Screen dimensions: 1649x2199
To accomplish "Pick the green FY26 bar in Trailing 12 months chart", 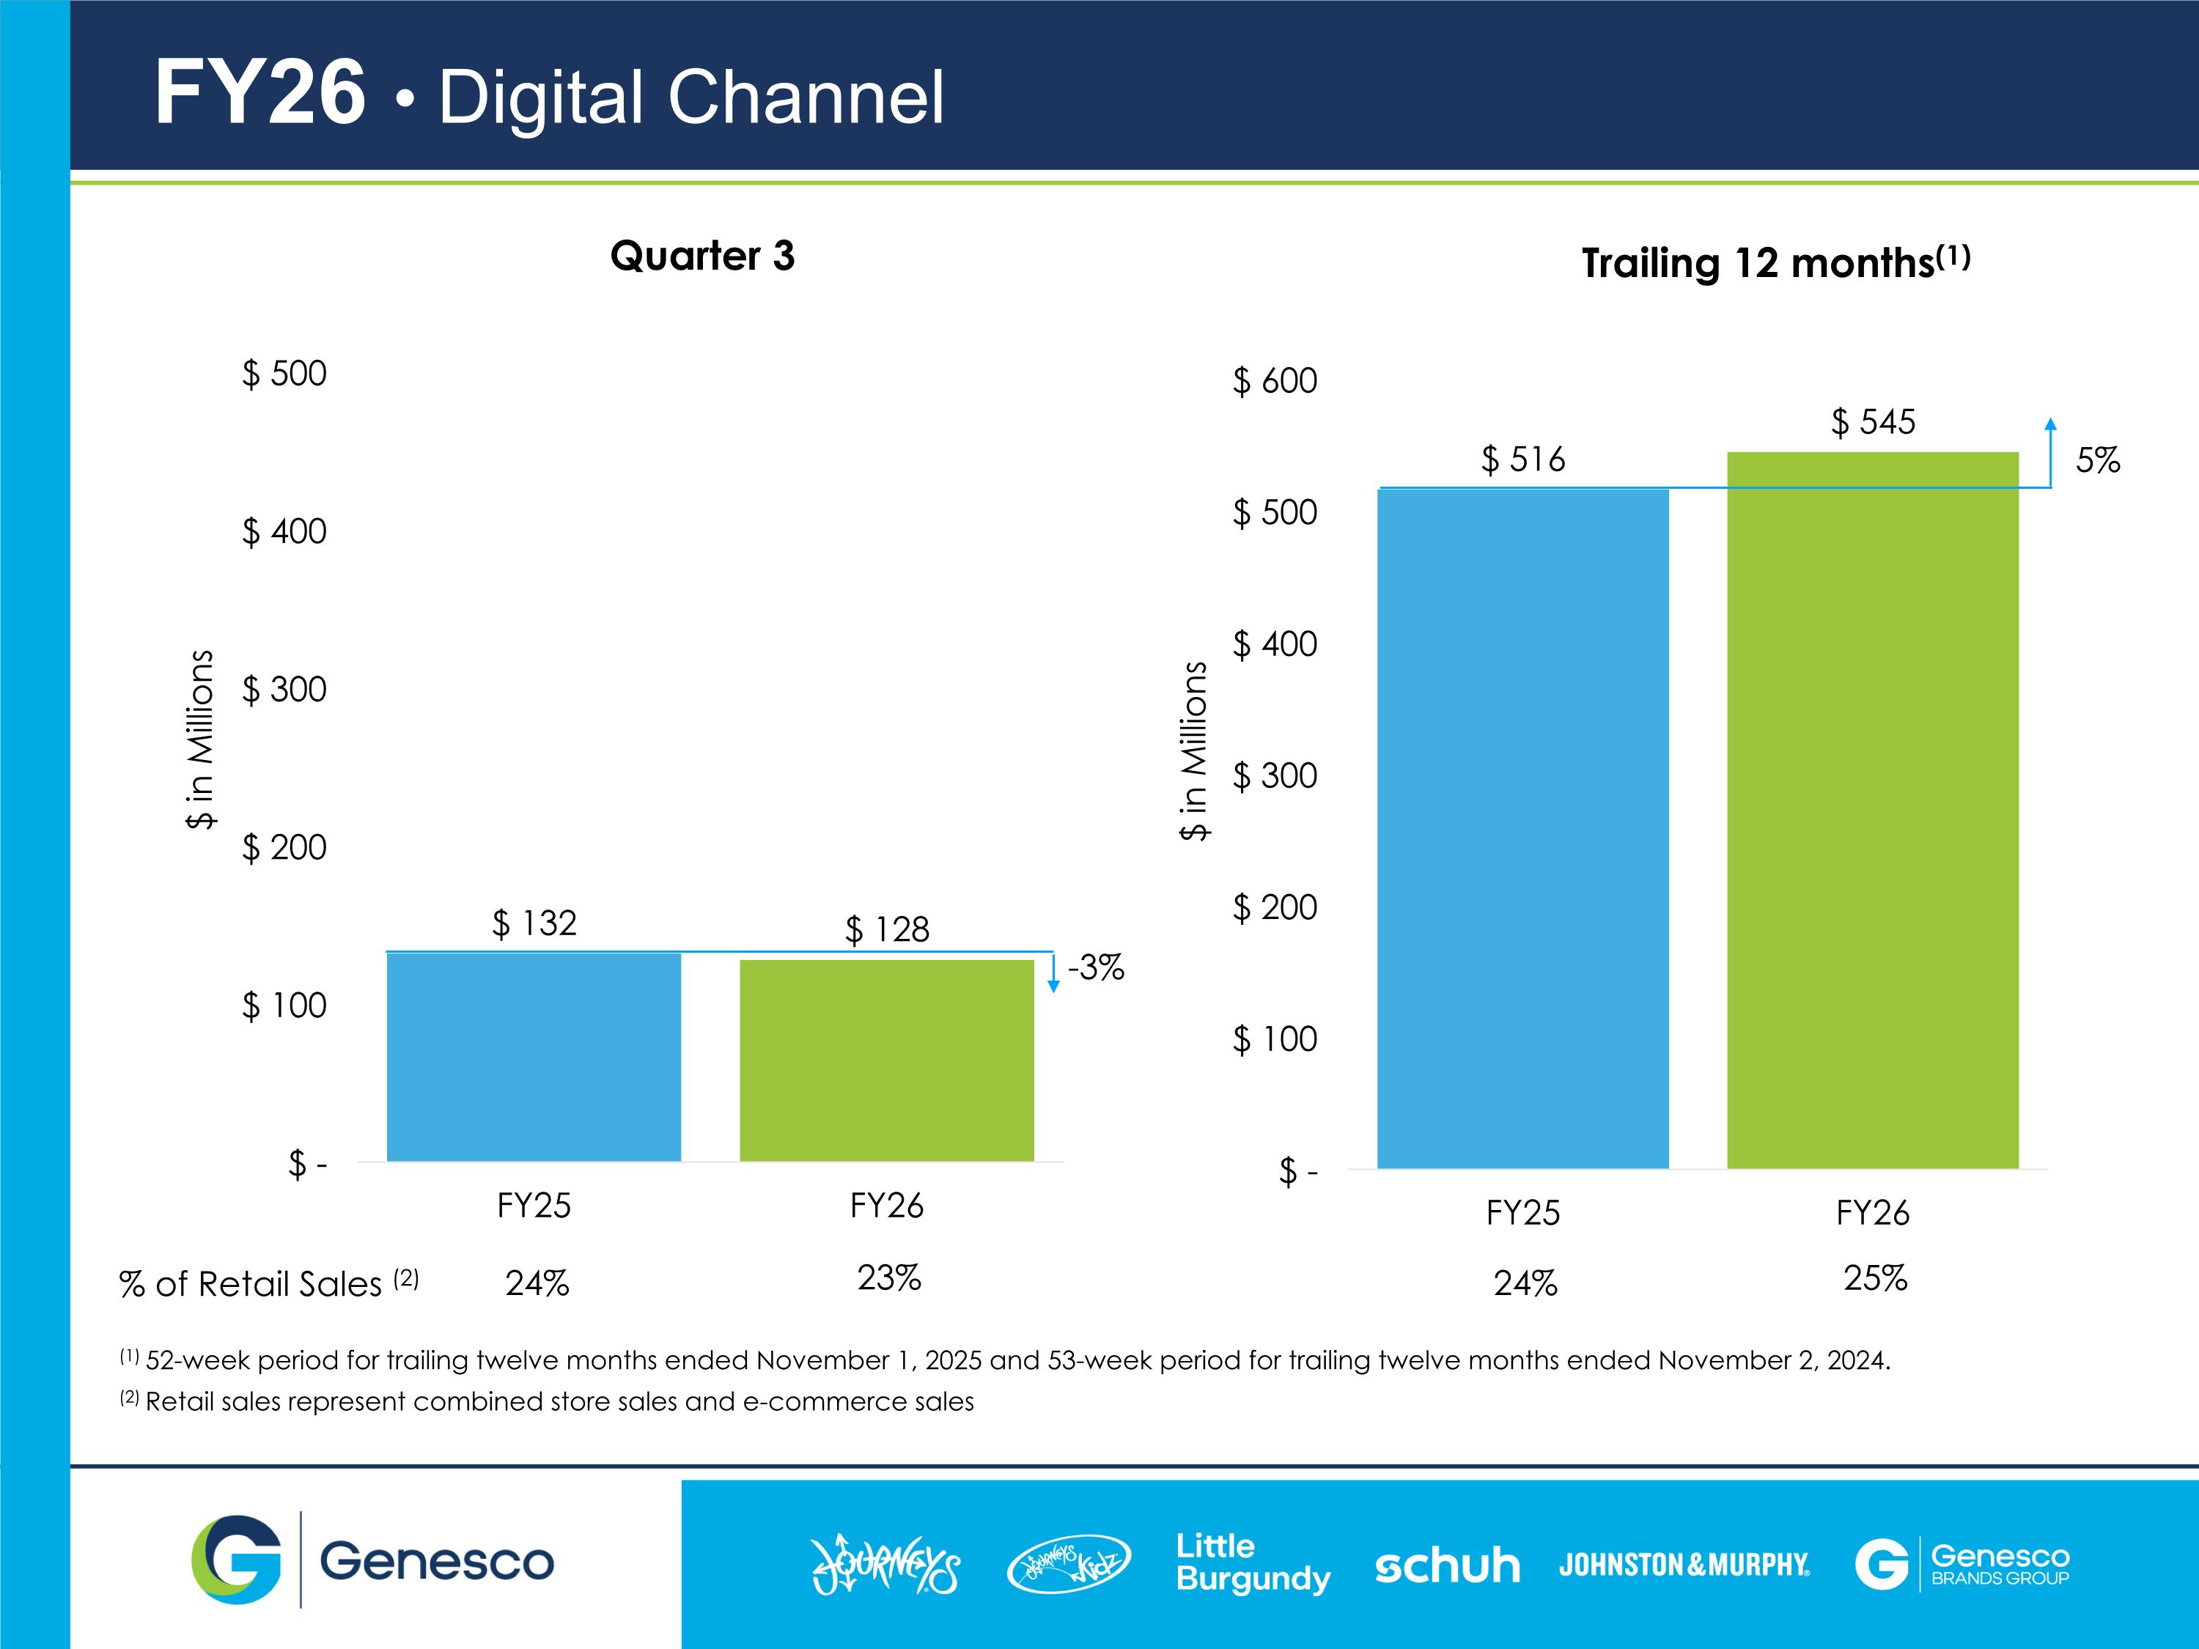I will pyautogui.click(x=1873, y=810).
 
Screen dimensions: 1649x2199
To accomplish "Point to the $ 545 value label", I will pyautogui.click(x=1873, y=421).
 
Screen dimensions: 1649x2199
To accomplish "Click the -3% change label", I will pyautogui.click(x=1096, y=967).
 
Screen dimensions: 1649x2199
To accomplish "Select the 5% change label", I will pyautogui.click(x=2098, y=460).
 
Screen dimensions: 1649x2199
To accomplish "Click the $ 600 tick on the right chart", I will pyautogui.click(x=1275, y=380).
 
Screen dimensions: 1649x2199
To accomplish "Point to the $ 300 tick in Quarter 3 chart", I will pyautogui.click(x=284, y=689).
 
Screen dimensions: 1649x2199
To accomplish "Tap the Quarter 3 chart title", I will pyautogui.click(x=702, y=257).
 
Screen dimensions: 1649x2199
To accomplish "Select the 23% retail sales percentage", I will pyautogui.click(x=888, y=1277).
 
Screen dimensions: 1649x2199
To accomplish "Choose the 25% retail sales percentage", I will pyautogui.click(x=1875, y=1278).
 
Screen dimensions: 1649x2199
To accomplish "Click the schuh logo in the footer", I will pyautogui.click(x=1448, y=1565).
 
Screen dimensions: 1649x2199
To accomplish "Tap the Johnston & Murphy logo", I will pyautogui.click(x=1684, y=1565).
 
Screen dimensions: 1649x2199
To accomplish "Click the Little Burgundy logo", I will pyautogui.click(x=1253, y=1563).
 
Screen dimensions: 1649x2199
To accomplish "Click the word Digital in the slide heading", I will pyautogui.click(x=541, y=97).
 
